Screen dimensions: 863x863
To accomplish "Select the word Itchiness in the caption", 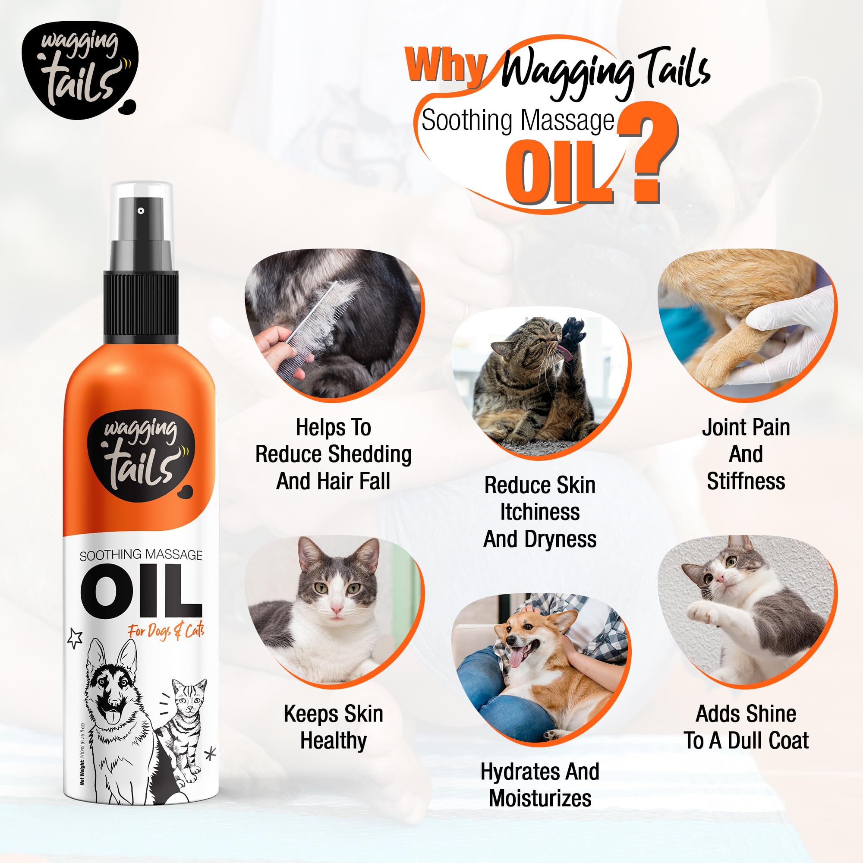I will (x=540, y=512).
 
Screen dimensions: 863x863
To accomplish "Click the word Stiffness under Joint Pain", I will (x=746, y=481).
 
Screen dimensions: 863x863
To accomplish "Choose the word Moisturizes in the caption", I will (x=540, y=798).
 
